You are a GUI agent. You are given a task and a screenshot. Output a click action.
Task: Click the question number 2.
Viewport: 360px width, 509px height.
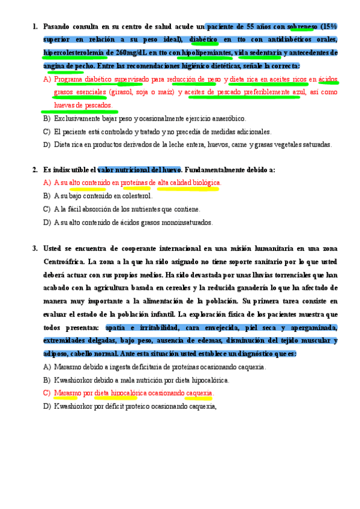coord(35,170)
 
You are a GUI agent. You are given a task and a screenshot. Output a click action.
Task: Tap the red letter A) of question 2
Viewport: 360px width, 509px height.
coord(47,182)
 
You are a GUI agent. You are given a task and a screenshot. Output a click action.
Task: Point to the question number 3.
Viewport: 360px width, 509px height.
coord(35,248)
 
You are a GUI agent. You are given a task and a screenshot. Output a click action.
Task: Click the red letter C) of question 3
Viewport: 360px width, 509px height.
coord(47,393)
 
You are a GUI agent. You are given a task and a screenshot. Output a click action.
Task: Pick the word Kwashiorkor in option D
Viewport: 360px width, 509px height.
coord(73,406)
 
